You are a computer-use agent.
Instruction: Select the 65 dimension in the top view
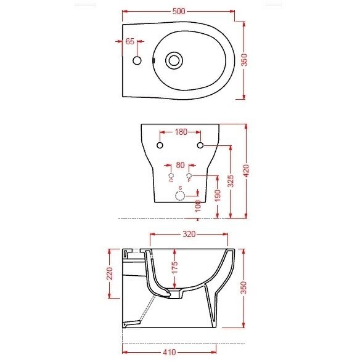[x=129, y=42]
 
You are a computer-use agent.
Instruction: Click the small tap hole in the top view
[x=137, y=60]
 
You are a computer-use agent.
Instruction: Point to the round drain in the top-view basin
[x=174, y=60]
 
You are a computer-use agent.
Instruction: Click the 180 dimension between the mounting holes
[x=180, y=132]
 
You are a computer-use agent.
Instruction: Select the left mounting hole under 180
[x=160, y=145]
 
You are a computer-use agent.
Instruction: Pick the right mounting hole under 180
[x=200, y=145]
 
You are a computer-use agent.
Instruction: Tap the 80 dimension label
[x=180, y=165]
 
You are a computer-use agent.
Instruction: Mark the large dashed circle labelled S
[x=180, y=196]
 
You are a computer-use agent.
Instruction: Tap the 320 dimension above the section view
[x=189, y=235]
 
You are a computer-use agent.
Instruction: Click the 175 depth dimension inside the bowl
[x=174, y=268]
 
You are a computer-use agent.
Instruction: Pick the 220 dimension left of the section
[x=110, y=273]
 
